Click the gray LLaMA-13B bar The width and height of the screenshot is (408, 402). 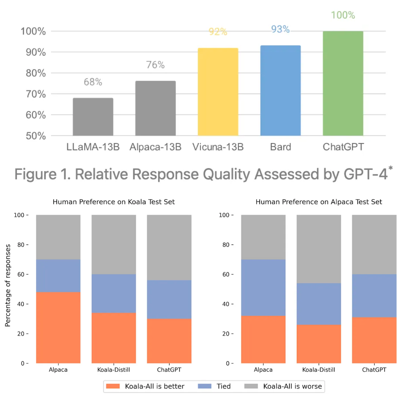pyautogui.click(x=93, y=117)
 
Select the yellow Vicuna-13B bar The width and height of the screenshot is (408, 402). pyautogui.click(x=218, y=92)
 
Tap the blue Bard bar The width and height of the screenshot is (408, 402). pyautogui.click(x=280, y=91)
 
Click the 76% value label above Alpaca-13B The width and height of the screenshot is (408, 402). pyautogui.click(x=155, y=65)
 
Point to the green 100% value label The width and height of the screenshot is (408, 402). pyautogui.click(x=343, y=15)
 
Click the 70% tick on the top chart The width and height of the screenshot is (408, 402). pyautogui.click(x=36, y=94)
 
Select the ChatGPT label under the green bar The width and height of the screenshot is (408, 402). pyautogui.click(x=343, y=147)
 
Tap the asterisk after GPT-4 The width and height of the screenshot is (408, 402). pyautogui.click(x=390, y=168)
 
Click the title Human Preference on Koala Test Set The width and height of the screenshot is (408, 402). pyautogui.click(x=114, y=202)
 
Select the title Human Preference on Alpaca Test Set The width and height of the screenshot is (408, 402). pyautogui.click(x=318, y=202)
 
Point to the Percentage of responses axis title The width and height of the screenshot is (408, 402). pyautogui.click(x=8, y=285)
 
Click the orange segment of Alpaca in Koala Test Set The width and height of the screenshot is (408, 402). pyautogui.click(x=58, y=327)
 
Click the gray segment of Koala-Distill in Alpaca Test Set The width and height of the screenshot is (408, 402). pyautogui.click(x=318, y=249)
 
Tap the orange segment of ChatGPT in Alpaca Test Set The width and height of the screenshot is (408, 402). pyautogui.click(x=374, y=340)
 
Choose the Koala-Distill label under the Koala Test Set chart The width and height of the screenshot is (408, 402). pyautogui.click(x=114, y=370)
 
